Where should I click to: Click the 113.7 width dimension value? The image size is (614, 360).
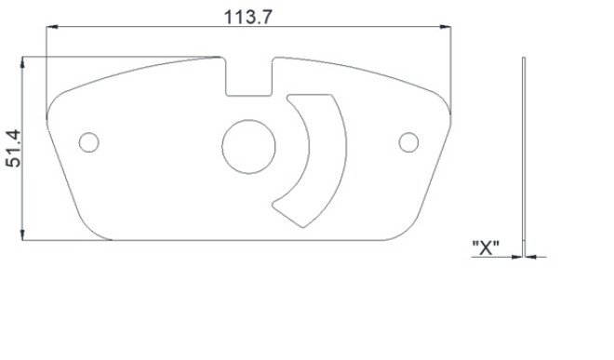point(247,17)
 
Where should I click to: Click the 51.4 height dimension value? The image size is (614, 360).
point(14,148)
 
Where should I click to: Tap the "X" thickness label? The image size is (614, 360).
point(486,247)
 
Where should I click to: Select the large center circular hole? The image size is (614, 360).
point(248,146)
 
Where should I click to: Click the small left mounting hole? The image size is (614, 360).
point(89,142)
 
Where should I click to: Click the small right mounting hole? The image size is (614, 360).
point(408,141)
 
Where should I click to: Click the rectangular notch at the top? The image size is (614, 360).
point(248,76)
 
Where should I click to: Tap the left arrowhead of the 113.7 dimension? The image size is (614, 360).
point(52,27)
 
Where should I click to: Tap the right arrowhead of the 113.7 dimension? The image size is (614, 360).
point(446,27)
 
